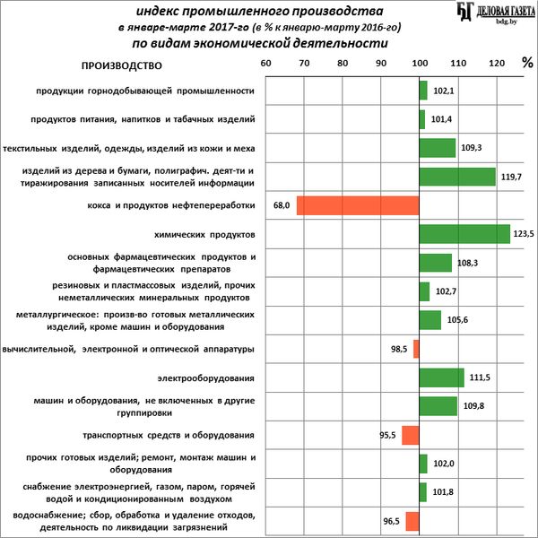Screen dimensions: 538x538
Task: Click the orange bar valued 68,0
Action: (358, 205)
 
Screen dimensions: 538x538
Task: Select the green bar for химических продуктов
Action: (464, 234)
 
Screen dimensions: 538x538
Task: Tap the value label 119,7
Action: (511, 177)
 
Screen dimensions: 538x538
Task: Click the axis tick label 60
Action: (265, 65)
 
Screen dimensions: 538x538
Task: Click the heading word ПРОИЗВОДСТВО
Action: (121, 65)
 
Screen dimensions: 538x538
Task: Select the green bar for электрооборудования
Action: (441, 377)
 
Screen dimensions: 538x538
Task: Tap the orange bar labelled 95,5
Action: (410, 436)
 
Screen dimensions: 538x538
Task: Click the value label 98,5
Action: (400, 349)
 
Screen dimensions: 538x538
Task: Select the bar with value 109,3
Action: (438, 148)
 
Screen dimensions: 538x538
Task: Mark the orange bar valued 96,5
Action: (412, 521)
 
